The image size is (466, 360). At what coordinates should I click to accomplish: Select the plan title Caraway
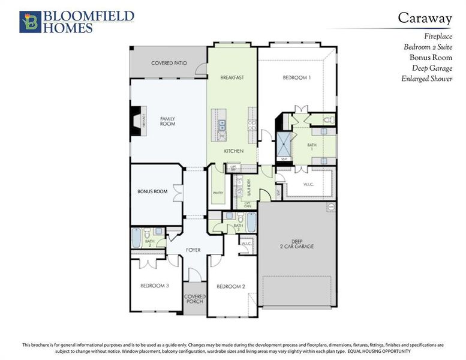425,18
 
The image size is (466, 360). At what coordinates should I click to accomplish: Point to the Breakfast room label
232,78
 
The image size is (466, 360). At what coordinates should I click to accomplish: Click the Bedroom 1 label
297,78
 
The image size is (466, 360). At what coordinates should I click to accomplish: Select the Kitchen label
234,151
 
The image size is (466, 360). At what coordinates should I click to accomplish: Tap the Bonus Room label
152,191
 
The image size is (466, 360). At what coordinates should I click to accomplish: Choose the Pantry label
218,193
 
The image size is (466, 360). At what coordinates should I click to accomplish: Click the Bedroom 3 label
155,286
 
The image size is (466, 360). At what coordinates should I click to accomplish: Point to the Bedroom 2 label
231,286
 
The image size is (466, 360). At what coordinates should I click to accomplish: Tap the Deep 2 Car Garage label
296,244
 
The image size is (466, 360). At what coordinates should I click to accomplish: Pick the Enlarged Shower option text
427,79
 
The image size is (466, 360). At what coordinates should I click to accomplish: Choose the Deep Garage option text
432,68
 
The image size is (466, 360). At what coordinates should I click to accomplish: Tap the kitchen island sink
222,125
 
